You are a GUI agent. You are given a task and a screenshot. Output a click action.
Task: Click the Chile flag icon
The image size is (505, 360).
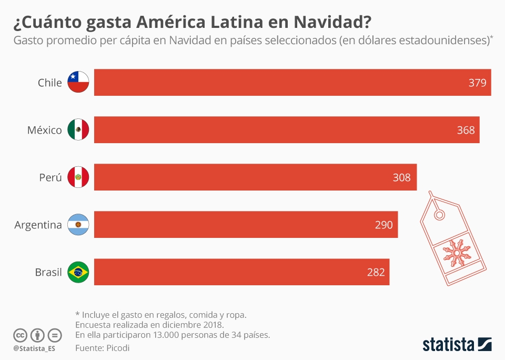coord(78,82)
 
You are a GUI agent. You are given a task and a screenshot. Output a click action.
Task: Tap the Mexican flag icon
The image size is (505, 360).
coord(78,129)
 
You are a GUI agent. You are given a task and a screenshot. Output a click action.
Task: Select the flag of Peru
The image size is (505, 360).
coord(78,177)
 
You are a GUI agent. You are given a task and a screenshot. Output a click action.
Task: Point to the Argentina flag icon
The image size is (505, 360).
coord(78,225)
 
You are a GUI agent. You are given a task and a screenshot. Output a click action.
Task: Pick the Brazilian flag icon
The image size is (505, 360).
coord(78,272)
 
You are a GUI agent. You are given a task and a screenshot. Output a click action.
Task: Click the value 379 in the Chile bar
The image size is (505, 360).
coord(477,83)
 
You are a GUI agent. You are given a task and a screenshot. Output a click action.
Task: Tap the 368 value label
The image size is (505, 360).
coord(466,130)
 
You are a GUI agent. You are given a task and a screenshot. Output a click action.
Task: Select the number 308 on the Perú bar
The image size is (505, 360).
coord(401,177)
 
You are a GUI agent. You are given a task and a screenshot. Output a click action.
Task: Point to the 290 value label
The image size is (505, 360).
coord(383,225)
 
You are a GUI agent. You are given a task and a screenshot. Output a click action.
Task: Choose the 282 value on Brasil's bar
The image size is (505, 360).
coord(376,272)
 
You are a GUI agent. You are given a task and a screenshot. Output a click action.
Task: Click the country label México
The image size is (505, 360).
coord(45,130)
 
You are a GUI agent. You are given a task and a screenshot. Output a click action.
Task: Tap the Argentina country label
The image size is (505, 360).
coord(38,225)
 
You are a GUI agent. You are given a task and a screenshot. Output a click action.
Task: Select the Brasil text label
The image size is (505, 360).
coord(48,272)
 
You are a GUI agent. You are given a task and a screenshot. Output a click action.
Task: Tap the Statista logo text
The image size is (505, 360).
coord(448,345)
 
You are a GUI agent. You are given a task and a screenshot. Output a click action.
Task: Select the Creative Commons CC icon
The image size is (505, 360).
coord(20,335)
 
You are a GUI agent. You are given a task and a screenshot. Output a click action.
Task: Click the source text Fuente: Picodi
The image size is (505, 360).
coord(102,348)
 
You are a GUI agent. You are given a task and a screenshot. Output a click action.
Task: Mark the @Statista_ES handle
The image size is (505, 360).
coord(34,348)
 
